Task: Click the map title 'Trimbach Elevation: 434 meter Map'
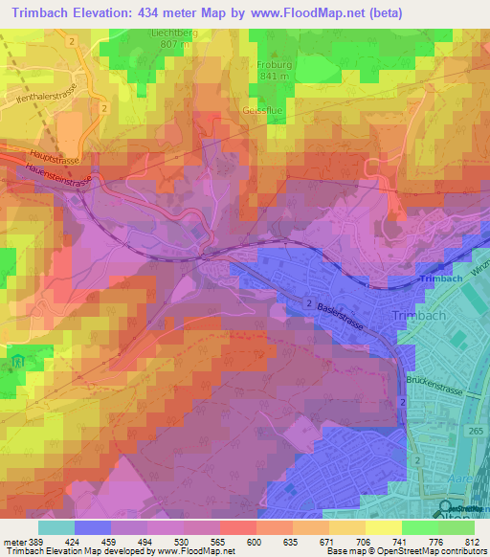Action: tap(124, 12)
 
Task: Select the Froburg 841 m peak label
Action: tap(273, 70)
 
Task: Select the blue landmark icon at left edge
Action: tap(17, 363)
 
